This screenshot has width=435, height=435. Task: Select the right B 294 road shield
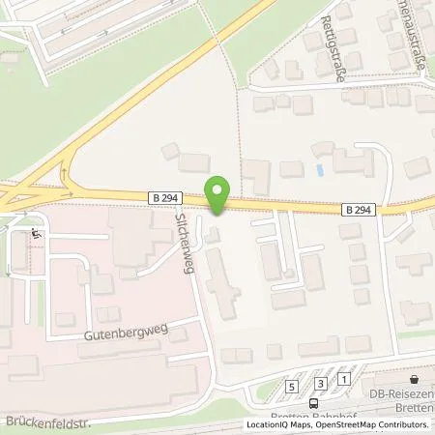[358, 208]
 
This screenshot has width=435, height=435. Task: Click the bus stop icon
[313, 403]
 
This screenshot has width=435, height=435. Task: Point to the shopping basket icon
[414, 379]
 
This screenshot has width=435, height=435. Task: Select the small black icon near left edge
[36, 233]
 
